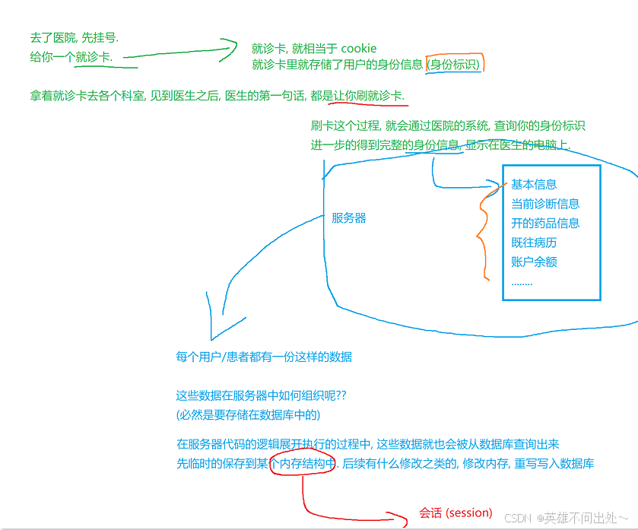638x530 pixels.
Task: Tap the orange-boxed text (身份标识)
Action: tap(455, 65)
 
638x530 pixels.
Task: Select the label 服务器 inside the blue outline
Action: tap(349, 218)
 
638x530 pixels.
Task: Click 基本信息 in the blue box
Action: tap(534, 184)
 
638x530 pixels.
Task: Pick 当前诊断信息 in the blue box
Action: tap(545, 204)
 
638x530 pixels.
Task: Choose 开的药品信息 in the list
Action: tap(545, 224)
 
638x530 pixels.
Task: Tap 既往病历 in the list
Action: tap(534, 243)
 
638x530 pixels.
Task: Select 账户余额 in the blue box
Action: tap(534, 262)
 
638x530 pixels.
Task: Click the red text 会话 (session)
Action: tap(455, 513)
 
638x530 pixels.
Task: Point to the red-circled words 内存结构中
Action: tap(303, 463)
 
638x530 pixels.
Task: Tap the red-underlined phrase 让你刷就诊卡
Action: tap(370, 96)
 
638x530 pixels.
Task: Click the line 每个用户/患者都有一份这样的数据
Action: tap(264, 357)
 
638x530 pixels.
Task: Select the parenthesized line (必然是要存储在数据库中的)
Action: tap(248, 415)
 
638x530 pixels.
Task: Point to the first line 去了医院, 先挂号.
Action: tap(75, 37)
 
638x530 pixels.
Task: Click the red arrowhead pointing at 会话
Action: tap(403, 519)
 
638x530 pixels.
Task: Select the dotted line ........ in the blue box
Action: tap(522, 282)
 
